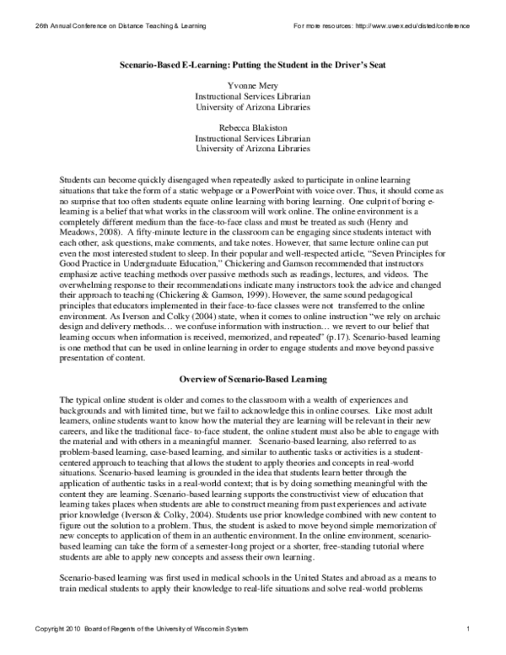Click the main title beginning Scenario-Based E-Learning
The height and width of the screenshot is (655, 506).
[252, 65]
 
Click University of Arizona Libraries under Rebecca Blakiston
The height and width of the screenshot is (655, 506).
[252, 148]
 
